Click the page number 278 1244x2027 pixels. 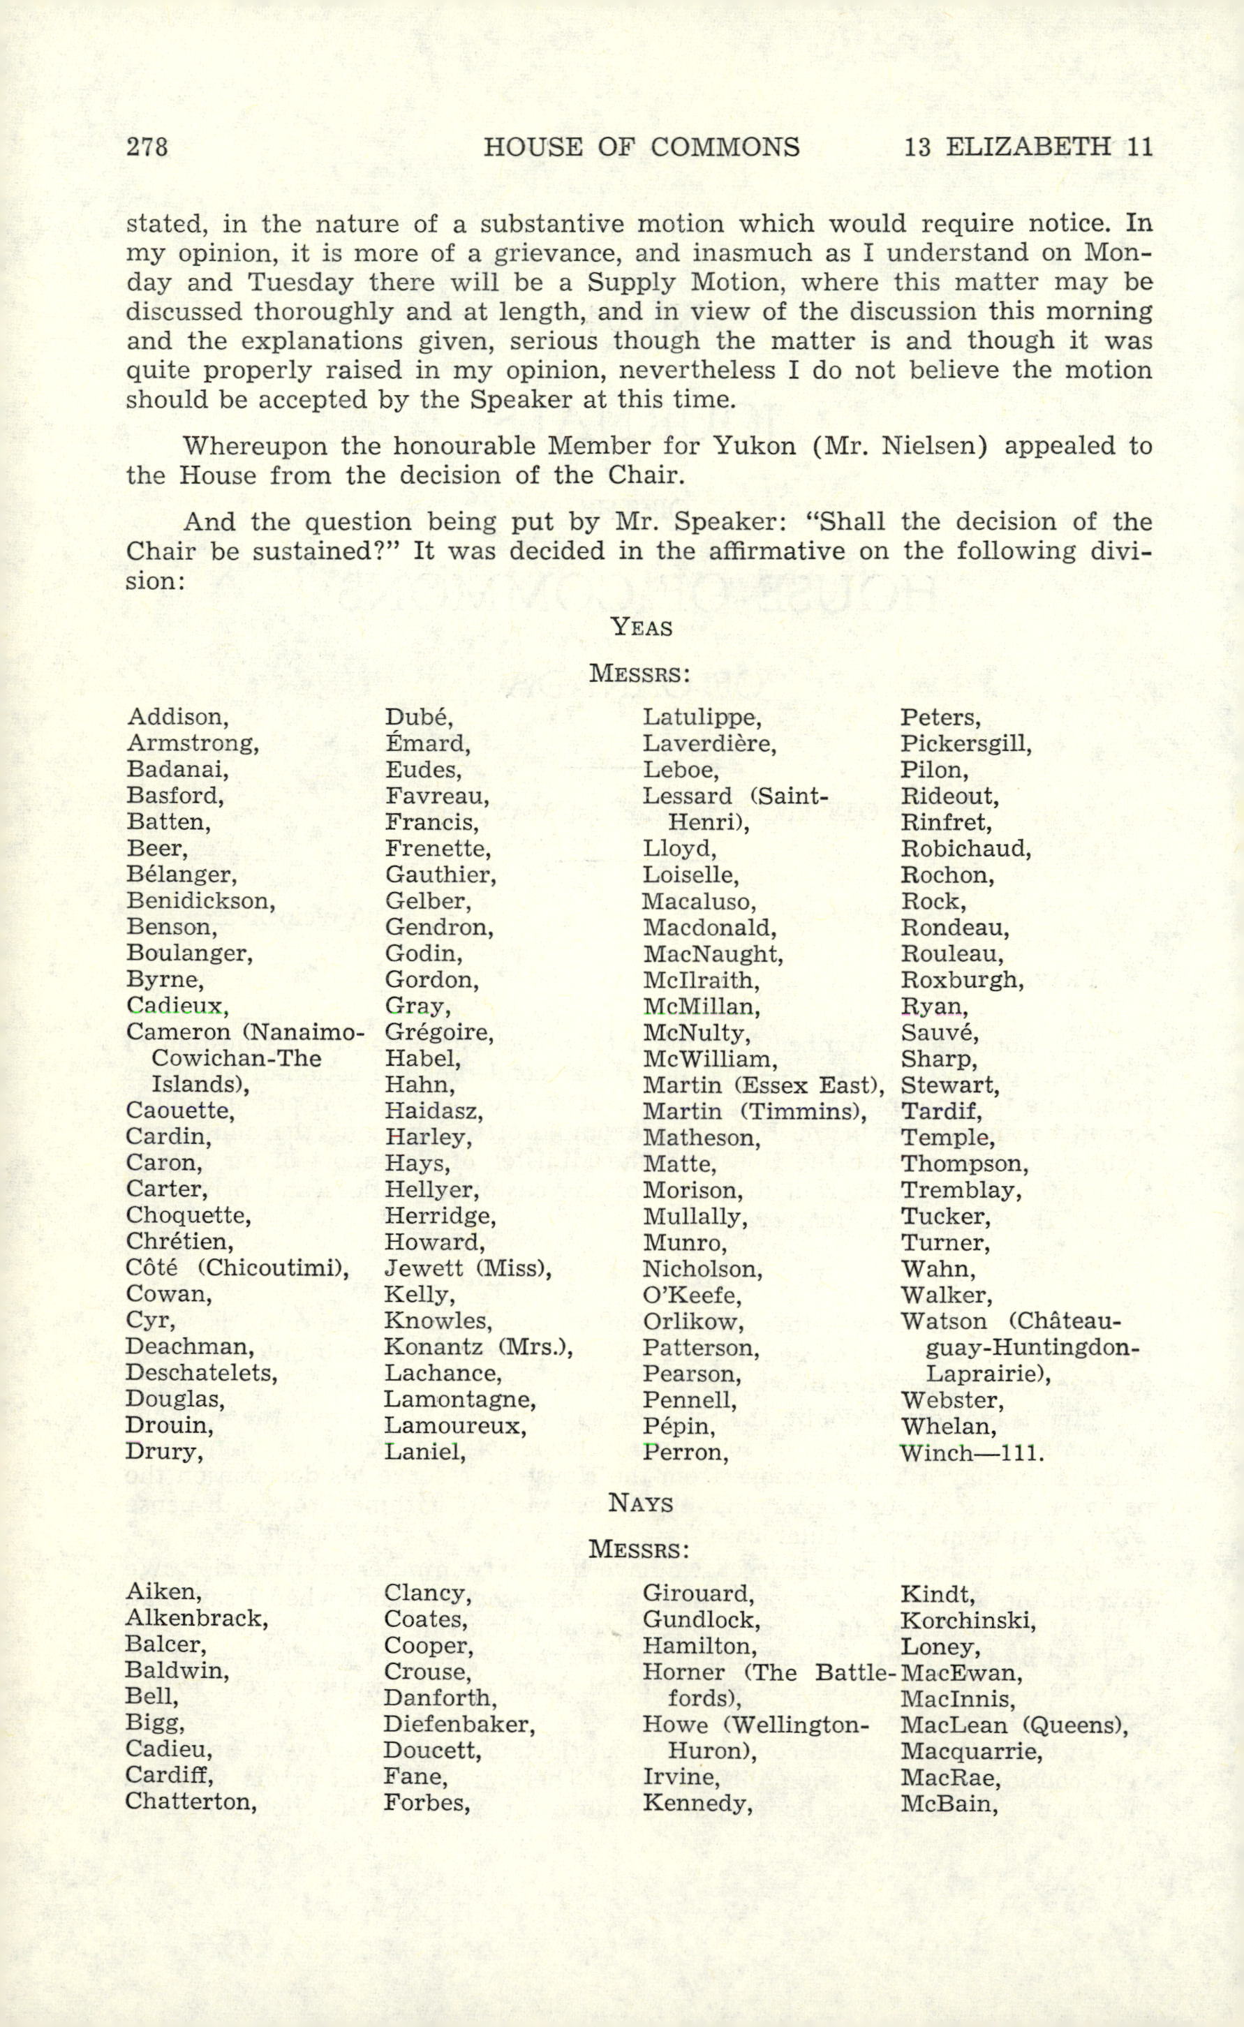click(x=147, y=147)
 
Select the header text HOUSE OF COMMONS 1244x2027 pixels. click(x=641, y=147)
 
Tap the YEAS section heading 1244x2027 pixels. click(x=641, y=628)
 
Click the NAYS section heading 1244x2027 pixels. click(x=640, y=1503)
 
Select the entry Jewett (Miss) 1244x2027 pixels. click(x=467, y=1268)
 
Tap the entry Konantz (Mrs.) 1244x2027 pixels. click(x=478, y=1346)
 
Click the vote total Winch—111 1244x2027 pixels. click(x=972, y=1452)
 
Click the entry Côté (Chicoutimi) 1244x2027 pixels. click(x=237, y=1268)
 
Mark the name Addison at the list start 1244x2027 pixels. click(x=178, y=718)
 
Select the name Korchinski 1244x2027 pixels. click(x=968, y=1621)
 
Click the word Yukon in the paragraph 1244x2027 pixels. click(x=754, y=446)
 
